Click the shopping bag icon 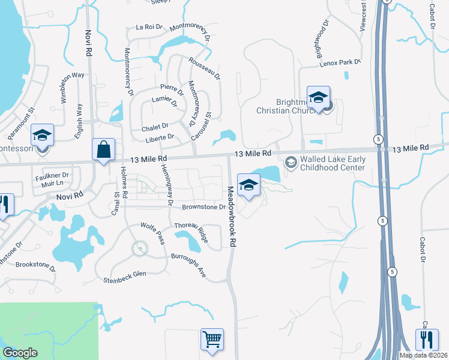coord(103,149)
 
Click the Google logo coord(20,352)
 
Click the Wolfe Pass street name coord(152,233)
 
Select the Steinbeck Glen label coord(125,276)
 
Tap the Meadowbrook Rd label coord(230,217)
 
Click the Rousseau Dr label coord(204,69)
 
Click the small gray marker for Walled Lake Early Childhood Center coord(291,162)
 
